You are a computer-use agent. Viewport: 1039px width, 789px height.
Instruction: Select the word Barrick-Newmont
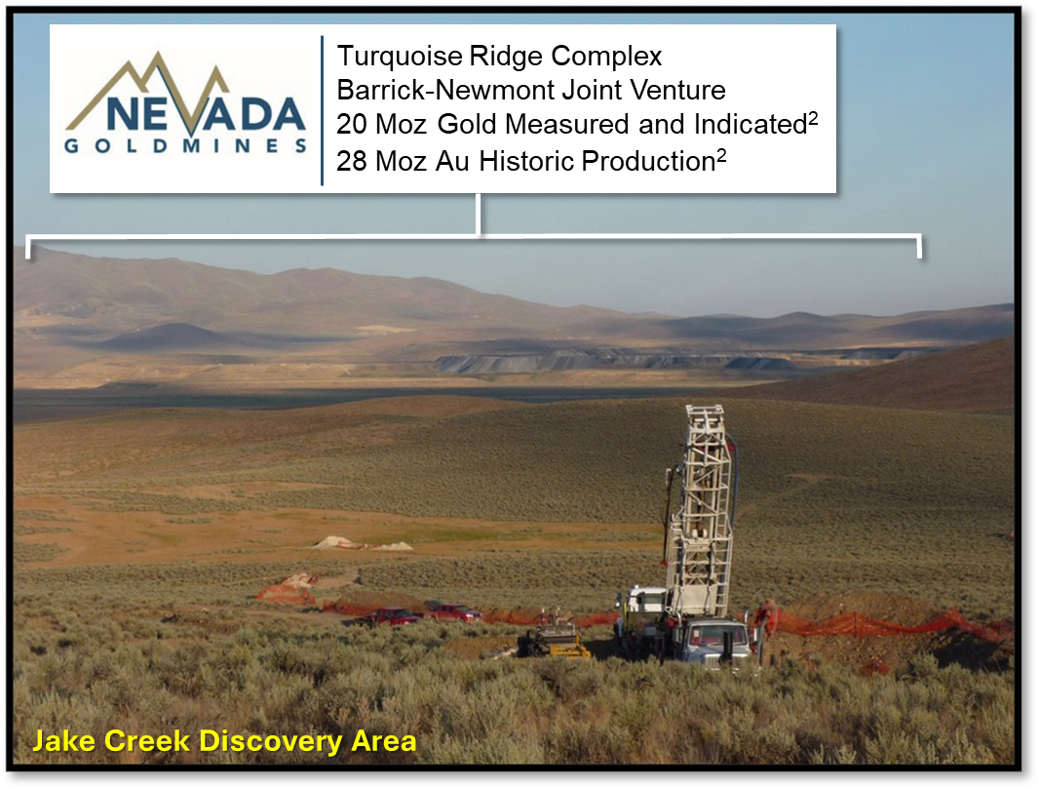tap(444, 90)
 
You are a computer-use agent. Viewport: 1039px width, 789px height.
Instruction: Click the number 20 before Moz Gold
tap(351, 124)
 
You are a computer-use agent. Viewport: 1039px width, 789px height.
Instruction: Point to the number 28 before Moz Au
tap(351, 161)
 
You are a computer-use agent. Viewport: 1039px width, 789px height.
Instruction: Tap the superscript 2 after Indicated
tap(813, 117)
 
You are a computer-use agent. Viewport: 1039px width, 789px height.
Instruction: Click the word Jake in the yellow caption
tap(63, 741)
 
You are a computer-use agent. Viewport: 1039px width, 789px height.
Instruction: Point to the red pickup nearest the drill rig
tap(454, 611)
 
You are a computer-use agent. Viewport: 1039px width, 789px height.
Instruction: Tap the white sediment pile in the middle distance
tap(364, 544)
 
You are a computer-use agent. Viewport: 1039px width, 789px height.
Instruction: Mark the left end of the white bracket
tap(28, 256)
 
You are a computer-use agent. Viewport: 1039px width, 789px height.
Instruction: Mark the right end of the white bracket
tap(919, 256)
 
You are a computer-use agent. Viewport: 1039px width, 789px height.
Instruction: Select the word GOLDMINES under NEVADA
tap(185, 146)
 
